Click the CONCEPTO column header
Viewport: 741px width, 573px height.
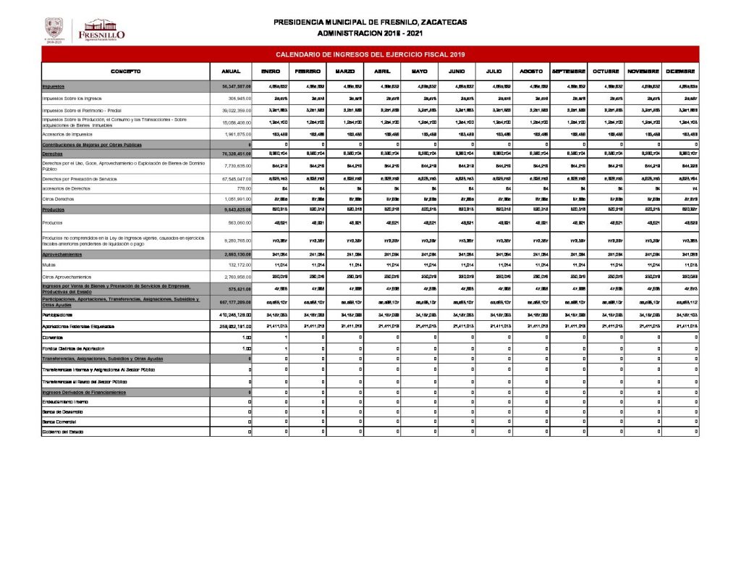(125, 71)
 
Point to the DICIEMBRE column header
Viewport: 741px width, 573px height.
(680, 71)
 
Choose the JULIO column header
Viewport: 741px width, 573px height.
(494, 71)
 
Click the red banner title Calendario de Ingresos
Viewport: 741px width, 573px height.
(370, 54)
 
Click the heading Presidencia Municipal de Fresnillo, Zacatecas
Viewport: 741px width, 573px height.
(370, 22)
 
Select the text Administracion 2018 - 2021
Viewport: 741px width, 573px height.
(370, 33)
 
